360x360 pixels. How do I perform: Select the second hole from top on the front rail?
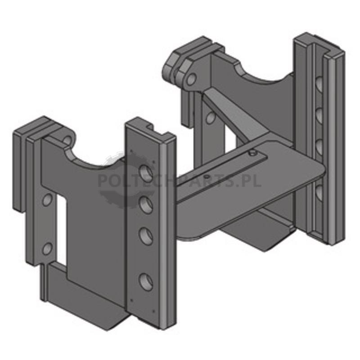(x=146, y=204)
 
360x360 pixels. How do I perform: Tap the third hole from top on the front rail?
(x=146, y=235)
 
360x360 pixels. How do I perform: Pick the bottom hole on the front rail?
(x=146, y=282)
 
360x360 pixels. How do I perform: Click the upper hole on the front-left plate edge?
(x=47, y=200)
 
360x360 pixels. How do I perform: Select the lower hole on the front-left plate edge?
(x=47, y=248)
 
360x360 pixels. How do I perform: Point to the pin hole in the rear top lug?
(x=191, y=79)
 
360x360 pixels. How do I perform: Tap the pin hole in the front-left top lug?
(x=67, y=140)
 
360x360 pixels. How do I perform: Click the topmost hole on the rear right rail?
(x=319, y=84)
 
